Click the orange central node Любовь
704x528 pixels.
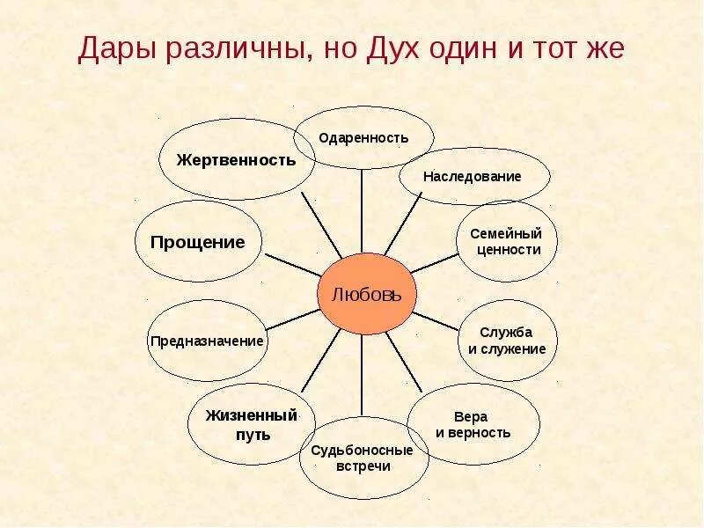[365, 294]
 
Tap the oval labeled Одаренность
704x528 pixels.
[363, 137]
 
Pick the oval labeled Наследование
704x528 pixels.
[473, 176]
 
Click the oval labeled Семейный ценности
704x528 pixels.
[505, 242]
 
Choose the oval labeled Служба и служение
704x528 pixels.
[506, 340]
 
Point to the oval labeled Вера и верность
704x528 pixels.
[473, 424]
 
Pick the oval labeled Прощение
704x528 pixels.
[198, 242]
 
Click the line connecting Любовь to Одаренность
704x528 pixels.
[363, 211]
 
